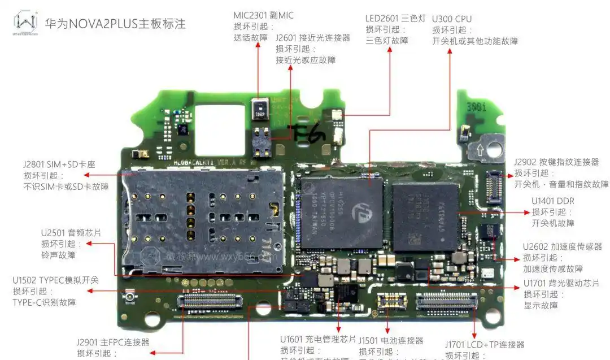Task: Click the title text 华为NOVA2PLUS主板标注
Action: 115,24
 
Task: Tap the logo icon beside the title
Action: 25,23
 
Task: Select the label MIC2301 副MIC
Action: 263,15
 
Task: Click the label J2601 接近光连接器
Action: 312,38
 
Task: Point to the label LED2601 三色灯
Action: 395,18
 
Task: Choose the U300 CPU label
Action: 451,18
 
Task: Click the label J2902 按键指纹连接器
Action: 556,162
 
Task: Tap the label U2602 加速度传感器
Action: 562,246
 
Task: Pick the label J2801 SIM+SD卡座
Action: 59,164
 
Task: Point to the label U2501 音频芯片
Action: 71,233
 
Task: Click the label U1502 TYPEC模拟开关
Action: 55,280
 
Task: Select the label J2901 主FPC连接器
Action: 113,342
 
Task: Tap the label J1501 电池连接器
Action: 390,340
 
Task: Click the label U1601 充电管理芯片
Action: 318,339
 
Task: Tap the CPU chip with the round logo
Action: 342,212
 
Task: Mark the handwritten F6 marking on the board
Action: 308,133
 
